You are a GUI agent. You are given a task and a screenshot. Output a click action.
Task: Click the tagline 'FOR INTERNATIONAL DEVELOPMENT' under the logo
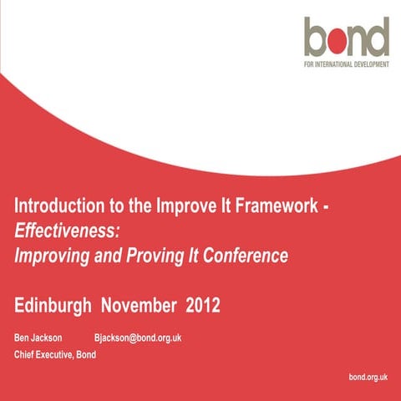click(347, 63)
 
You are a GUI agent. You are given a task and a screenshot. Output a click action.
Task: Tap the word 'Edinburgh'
click(53, 306)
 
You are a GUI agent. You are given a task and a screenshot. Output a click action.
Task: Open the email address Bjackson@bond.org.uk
click(137, 338)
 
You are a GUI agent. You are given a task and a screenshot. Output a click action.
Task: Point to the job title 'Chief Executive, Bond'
click(56, 354)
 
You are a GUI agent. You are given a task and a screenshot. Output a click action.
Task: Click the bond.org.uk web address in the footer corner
click(368, 378)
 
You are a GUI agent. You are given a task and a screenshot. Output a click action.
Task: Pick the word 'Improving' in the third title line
click(50, 255)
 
